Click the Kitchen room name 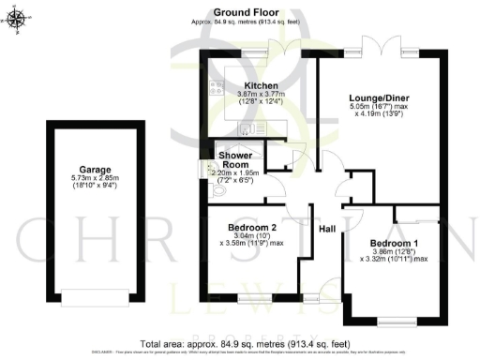pos(235,85)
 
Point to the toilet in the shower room pos(219,192)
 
